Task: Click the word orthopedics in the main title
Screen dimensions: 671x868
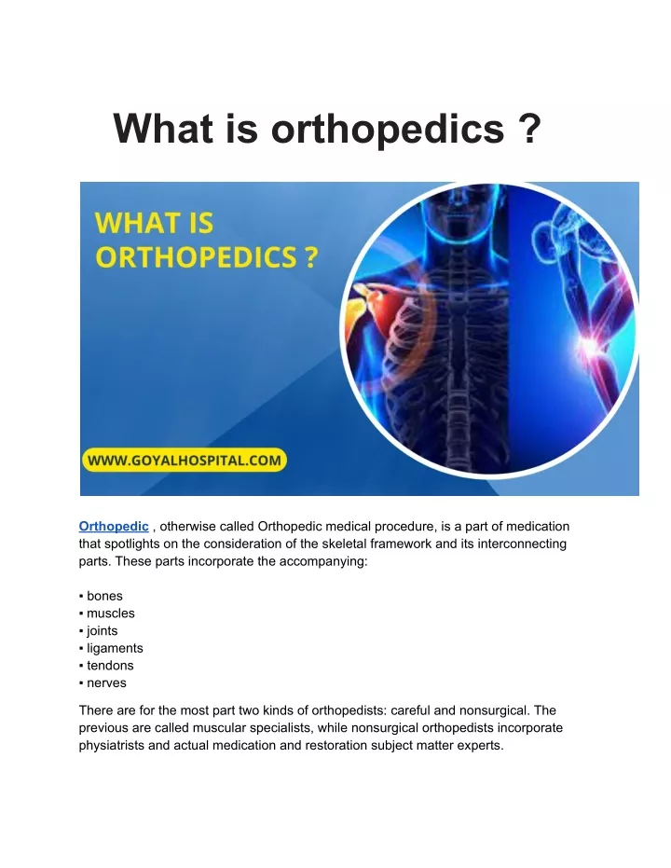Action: click(x=387, y=130)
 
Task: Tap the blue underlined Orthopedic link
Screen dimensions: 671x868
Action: click(x=114, y=527)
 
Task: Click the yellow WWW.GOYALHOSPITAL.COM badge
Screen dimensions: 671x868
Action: click(x=184, y=460)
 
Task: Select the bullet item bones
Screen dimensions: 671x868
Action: click(x=104, y=596)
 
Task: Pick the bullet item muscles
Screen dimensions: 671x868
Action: click(x=110, y=613)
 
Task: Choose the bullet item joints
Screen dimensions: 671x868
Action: click(x=102, y=630)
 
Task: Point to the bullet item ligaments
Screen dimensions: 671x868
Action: click(x=115, y=648)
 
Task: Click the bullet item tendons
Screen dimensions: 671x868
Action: click(x=110, y=666)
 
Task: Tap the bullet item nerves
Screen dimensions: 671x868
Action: click(x=106, y=683)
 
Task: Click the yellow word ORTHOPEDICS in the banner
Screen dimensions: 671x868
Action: click(x=197, y=257)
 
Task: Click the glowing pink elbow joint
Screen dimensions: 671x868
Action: click(x=587, y=347)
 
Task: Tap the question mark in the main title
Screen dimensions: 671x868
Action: click(x=530, y=129)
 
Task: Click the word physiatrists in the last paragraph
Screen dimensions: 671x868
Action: click(x=112, y=745)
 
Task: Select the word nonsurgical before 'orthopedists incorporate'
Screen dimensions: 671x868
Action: click(x=389, y=727)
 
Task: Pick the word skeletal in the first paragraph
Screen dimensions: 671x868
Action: click(x=344, y=544)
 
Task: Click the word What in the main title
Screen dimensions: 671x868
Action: click(x=163, y=129)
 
